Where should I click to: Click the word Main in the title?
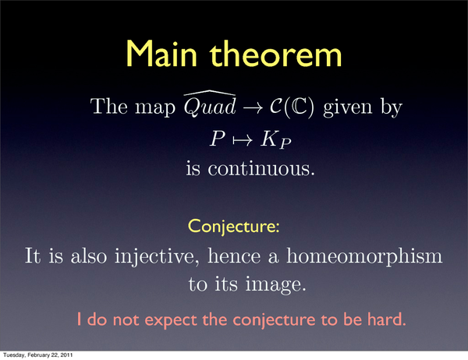click(x=161, y=54)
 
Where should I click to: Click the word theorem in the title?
click(x=275, y=54)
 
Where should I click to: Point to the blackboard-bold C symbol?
click(x=299, y=107)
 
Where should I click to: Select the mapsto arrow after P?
click(x=243, y=140)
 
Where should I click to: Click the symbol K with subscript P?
click(x=275, y=140)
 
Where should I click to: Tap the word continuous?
click(x=261, y=168)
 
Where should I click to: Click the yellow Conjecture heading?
click(x=234, y=227)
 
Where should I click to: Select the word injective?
click(x=157, y=257)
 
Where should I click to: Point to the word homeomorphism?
click(x=364, y=256)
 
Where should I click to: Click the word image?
click(x=275, y=284)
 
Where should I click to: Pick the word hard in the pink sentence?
click(x=387, y=319)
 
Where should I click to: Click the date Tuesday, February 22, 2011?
click(x=38, y=355)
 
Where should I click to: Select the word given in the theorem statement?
click(x=348, y=108)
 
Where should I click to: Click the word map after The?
click(x=155, y=108)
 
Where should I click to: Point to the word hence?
click(x=234, y=256)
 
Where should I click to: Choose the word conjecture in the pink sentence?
click(x=274, y=320)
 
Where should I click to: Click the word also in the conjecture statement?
click(x=89, y=256)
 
